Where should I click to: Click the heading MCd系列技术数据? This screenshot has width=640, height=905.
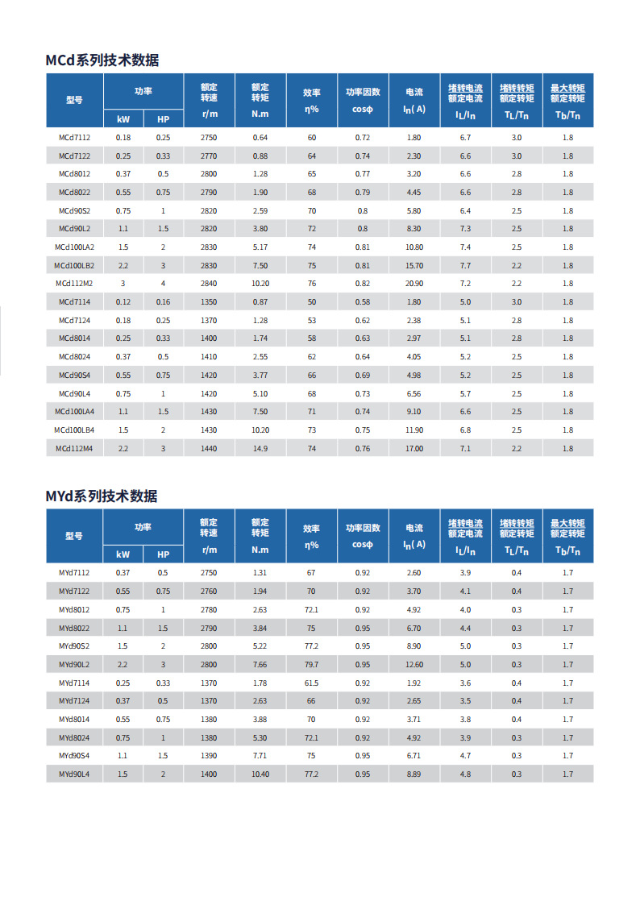[x=102, y=60]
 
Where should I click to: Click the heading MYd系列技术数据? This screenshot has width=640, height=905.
[x=102, y=496]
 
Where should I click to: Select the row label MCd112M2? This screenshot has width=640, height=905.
[x=74, y=284]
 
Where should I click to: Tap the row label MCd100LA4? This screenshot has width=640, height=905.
[x=74, y=412]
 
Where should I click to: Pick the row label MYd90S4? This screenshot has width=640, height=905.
[x=74, y=756]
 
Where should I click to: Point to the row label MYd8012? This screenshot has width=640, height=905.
[x=74, y=609]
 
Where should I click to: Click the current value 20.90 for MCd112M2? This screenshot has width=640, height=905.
[x=414, y=284]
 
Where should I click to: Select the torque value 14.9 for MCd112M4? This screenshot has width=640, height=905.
[x=260, y=448]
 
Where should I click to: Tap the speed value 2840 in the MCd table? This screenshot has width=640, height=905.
[x=209, y=284]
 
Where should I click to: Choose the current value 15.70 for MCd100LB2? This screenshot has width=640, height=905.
[x=414, y=265]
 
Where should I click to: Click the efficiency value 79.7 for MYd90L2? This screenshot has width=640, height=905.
[x=311, y=664]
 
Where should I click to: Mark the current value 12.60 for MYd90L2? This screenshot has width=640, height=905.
[x=414, y=664]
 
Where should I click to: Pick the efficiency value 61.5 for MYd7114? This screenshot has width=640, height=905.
[x=311, y=683]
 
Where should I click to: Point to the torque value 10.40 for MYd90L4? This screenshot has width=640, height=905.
[x=260, y=774]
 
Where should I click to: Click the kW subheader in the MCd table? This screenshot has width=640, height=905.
[x=123, y=119]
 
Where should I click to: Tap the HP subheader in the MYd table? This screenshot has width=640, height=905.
[x=164, y=554]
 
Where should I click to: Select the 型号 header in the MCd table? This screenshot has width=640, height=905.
[x=74, y=100]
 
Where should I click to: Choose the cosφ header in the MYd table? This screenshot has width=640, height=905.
[x=363, y=544]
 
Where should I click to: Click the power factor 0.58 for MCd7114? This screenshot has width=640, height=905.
[x=363, y=302]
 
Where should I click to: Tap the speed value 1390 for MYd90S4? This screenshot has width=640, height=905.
[x=209, y=756]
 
